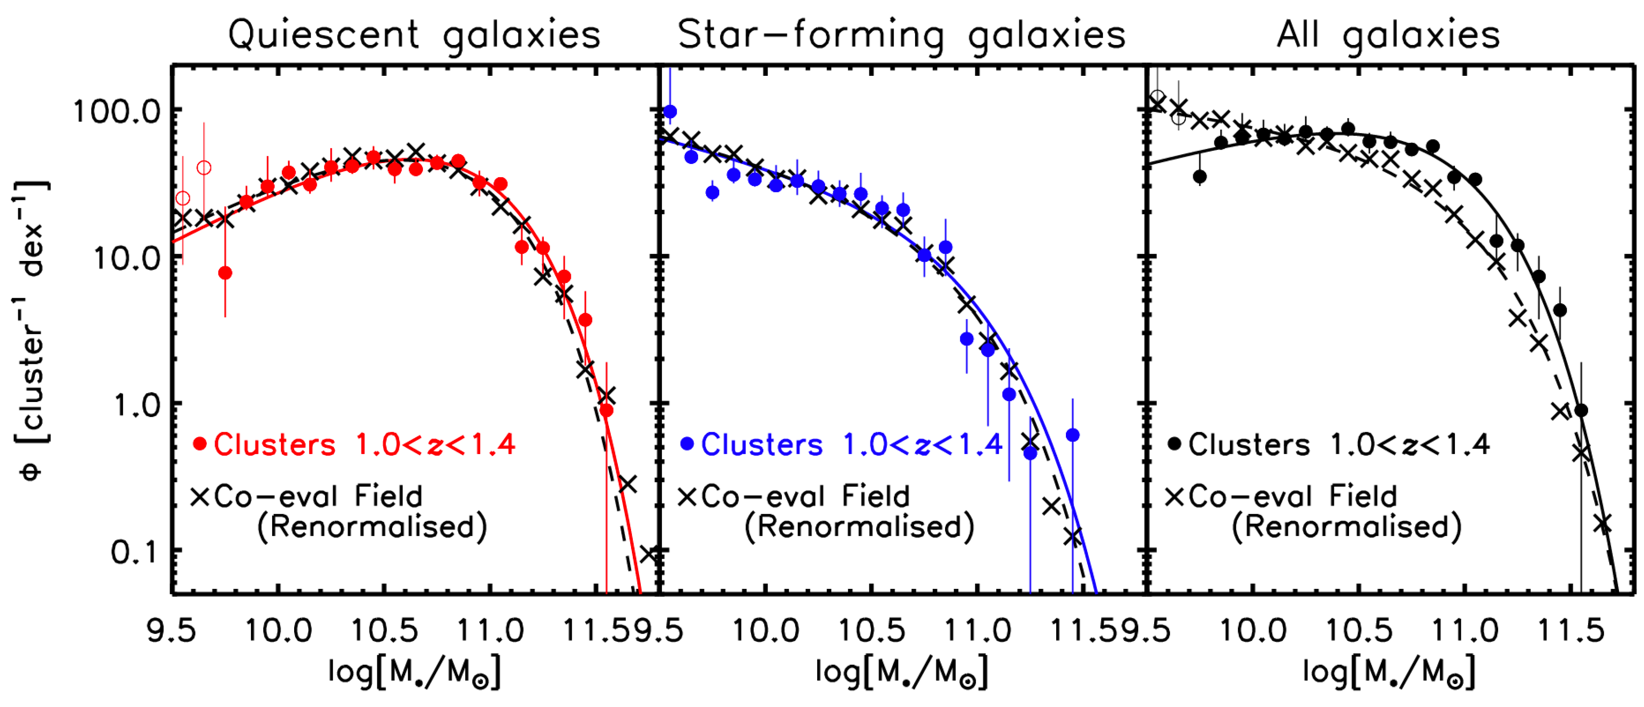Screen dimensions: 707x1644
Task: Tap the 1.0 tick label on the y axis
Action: coord(135,406)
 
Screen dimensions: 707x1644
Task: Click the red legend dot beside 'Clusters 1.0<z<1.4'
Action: coord(200,444)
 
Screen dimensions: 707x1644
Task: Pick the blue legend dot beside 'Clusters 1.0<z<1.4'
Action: coord(687,444)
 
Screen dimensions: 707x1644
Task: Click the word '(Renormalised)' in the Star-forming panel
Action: coord(859,527)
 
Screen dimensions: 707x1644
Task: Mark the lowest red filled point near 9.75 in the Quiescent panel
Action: coord(225,273)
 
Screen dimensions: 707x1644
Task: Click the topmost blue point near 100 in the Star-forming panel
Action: coord(670,112)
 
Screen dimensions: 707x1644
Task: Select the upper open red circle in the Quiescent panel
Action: coord(203,167)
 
